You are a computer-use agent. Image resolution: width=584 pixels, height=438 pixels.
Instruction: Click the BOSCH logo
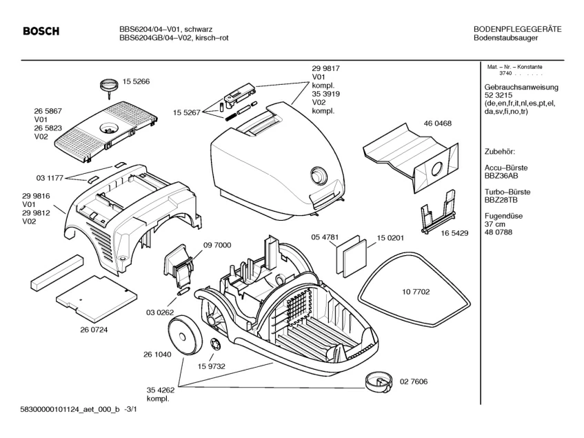41,32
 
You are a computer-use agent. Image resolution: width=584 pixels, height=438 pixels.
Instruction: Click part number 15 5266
137,82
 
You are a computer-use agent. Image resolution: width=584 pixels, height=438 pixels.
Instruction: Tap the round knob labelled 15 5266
108,85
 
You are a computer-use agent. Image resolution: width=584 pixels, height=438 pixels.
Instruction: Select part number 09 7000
217,246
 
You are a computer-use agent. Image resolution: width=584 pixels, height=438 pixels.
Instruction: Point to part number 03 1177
50,178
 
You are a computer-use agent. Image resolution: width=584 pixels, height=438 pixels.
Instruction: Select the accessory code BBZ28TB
503,199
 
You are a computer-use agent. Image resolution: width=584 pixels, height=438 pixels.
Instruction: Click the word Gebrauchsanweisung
521,88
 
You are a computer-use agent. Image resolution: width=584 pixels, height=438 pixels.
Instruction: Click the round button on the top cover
319,175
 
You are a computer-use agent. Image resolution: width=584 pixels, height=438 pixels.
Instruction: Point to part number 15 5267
186,111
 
